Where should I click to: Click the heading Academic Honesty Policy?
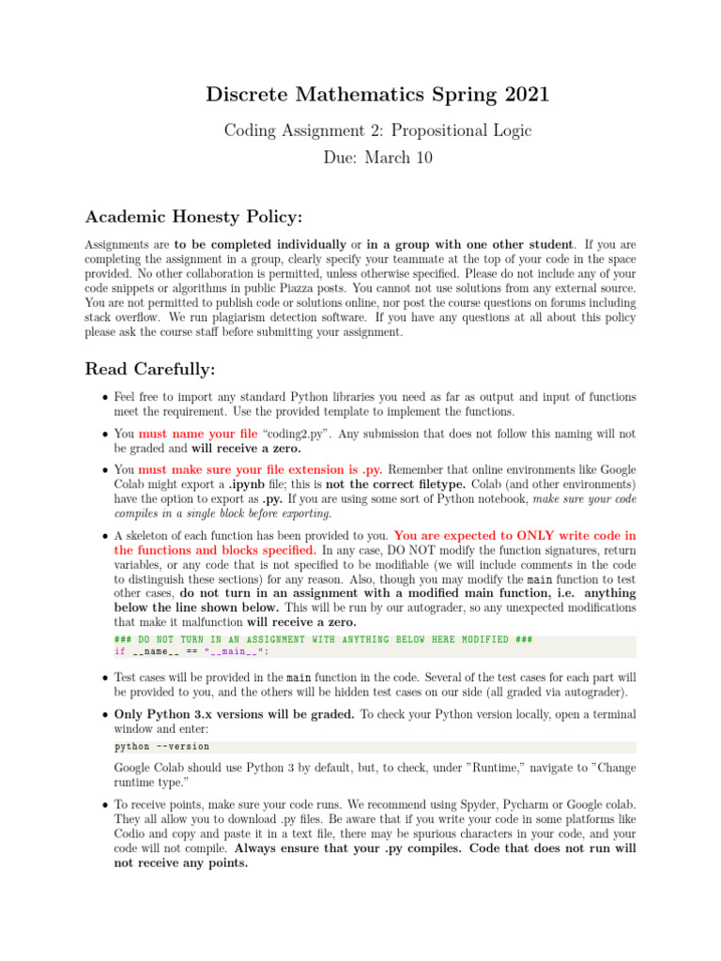point(193,217)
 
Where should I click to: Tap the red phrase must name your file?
point(199,434)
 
